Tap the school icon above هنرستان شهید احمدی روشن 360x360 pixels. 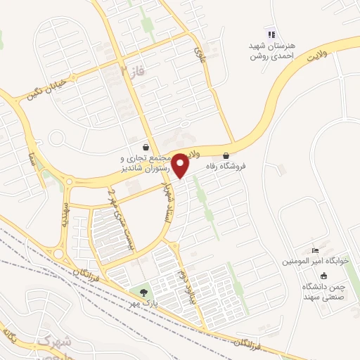(270, 34)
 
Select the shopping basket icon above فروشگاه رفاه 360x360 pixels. (226, 155)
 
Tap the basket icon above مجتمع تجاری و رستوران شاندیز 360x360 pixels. (145, 148)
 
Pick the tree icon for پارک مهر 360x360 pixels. (144, 292)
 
